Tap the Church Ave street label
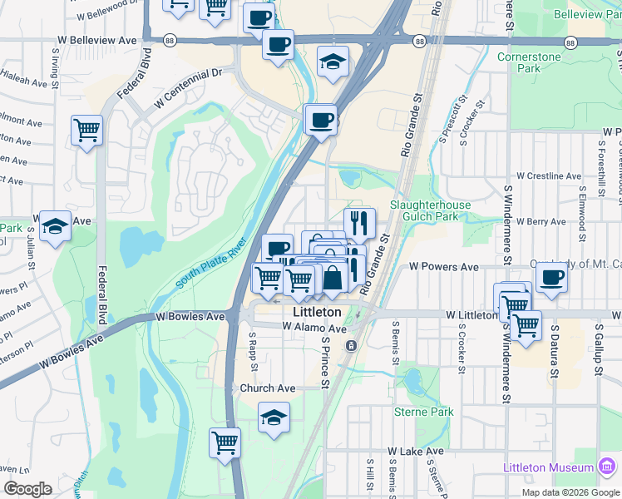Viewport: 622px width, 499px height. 267,388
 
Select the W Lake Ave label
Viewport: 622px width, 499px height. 415,451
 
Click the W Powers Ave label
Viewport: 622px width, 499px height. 444,267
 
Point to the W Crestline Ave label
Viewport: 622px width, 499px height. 548,176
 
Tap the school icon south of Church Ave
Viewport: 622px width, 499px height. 274,417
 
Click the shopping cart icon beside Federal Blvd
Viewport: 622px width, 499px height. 86,130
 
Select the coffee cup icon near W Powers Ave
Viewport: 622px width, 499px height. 551,276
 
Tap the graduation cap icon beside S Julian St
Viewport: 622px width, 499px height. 55,225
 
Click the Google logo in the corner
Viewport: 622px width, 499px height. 27,489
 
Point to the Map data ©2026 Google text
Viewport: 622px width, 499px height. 570,492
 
